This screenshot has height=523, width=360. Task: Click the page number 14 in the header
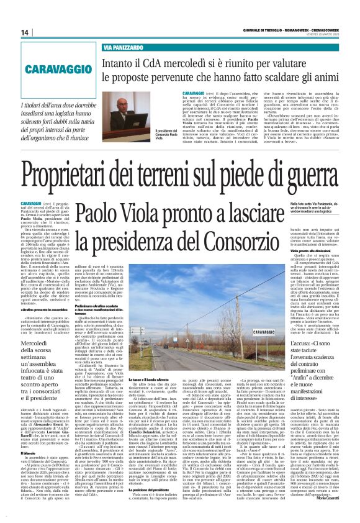tap(25, 32)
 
